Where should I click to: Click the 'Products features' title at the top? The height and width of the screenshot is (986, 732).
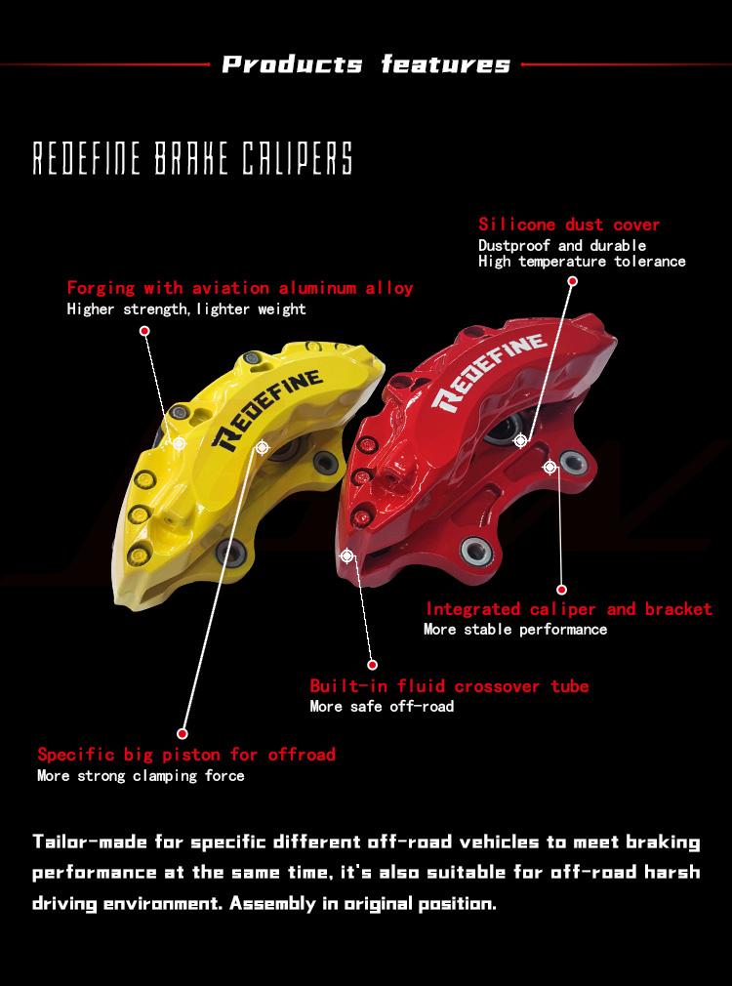point(366,64)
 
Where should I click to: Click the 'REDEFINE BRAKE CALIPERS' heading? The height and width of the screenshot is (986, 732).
point(192,158)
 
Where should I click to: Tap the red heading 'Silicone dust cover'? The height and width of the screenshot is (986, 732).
point(569,225)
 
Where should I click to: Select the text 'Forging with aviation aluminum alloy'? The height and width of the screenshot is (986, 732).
point(239,288)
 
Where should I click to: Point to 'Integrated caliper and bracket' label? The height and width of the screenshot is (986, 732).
point(568,609)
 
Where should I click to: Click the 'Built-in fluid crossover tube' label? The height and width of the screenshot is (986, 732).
point(449,685)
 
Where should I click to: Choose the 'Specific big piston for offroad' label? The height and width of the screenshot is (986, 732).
point(186,754)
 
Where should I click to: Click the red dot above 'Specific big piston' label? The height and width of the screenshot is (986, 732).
point(183,733)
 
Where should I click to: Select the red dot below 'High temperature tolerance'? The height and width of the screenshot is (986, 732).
point(572,281)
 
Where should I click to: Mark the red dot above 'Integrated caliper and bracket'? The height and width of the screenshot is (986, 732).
point(561,590)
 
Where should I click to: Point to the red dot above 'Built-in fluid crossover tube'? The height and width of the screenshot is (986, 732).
point(372,664)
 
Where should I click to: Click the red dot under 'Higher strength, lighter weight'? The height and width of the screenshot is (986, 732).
point(144,330)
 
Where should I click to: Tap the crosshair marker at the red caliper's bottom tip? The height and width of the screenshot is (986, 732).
point(346,555)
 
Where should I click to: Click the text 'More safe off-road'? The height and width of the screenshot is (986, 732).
point(382,706)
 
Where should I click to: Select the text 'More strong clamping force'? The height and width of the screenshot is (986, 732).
point(141,775)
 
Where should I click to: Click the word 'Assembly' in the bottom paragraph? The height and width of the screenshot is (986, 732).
point(272,904)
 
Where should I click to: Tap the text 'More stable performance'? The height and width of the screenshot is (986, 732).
point(515,629)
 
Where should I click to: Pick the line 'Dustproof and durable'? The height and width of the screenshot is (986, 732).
point(561,245)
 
